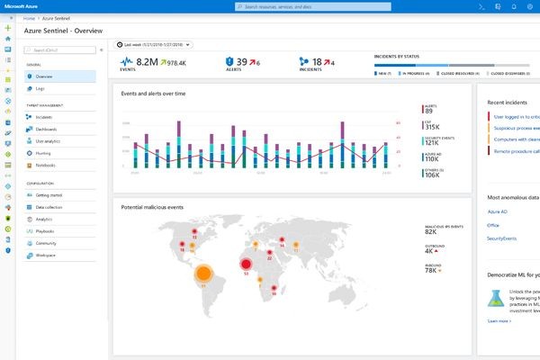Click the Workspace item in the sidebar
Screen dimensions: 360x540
[44, 255]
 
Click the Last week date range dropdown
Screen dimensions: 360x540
[155, 44]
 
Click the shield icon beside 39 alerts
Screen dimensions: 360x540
[229, 63]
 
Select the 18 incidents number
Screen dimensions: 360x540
[317, 63]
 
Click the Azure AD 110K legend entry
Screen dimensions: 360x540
[433, 158]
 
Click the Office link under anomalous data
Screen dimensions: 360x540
[493, 225]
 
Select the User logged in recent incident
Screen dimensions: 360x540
[515, 116]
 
